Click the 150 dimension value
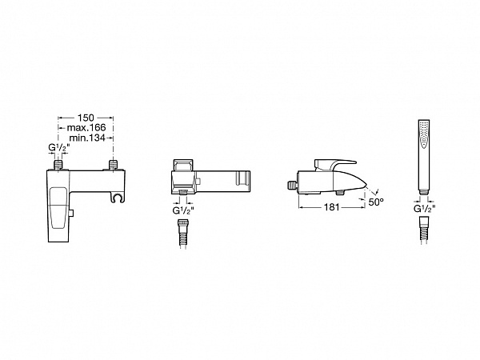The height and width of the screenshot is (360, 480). pos(86,118)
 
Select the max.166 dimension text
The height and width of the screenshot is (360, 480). pos(86,127)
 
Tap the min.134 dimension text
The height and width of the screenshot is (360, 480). pos(87,138)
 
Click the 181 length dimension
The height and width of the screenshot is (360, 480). pos(332,207)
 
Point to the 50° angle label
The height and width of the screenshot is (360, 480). pos(376,202)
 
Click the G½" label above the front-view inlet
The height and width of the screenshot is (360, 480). pos(59,148)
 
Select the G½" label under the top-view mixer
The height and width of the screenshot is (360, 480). pos(183,210)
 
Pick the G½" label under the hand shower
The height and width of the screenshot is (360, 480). pos(424,209)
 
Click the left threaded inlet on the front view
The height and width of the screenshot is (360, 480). pos(58,165)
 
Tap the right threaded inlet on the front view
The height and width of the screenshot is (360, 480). pos(114,165)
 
